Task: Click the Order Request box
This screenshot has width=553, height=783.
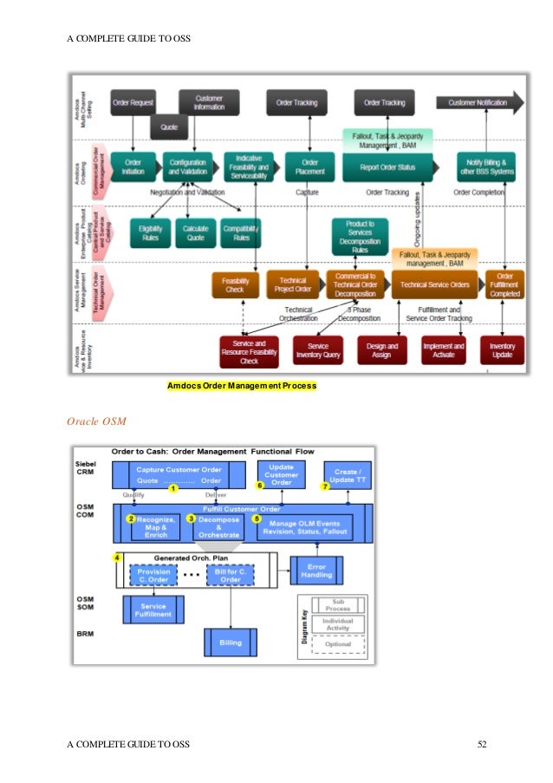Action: [132, 103]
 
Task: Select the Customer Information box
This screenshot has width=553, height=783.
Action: [209, 102]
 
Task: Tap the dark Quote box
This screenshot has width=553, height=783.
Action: [169, 127]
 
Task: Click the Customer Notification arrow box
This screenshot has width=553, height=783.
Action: [479, 103]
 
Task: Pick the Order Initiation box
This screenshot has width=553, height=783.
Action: [133, 166]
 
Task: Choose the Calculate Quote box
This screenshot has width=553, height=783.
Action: [196, 232]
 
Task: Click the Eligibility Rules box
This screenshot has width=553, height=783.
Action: [150, 232]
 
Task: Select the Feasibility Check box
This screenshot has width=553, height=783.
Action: [236, 284]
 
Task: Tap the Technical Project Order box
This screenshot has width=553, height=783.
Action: [292, 284]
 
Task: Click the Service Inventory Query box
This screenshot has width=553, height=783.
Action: [318, 349]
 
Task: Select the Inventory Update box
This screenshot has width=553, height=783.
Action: [502, 349]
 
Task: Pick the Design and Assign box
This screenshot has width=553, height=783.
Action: [381, 349]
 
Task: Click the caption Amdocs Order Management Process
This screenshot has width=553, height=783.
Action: [242, 385]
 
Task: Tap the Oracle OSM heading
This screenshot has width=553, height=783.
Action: [96, 421]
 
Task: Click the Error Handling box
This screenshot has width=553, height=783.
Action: [316, 570]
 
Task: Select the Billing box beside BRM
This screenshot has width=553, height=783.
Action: [230, 642]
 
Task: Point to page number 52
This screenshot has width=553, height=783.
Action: [483, 744]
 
